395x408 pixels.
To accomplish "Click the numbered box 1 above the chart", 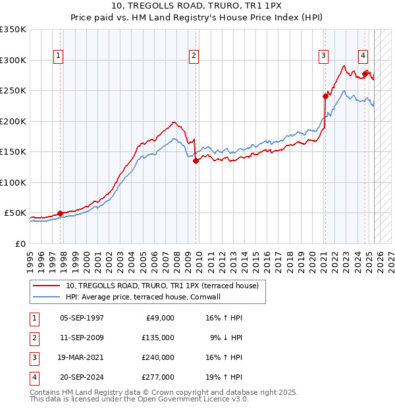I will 59,57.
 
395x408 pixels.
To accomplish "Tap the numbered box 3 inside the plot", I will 324,57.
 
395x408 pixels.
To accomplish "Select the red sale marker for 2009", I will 196,161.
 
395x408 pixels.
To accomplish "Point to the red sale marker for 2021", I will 325,96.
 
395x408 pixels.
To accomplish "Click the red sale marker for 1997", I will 60,213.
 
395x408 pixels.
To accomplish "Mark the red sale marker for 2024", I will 365,73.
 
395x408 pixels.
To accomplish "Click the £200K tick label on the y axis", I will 13,121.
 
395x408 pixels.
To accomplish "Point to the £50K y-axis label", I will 15,213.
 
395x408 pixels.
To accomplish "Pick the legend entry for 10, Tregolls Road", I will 162,286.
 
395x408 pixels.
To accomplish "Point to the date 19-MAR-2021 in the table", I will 81,357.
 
